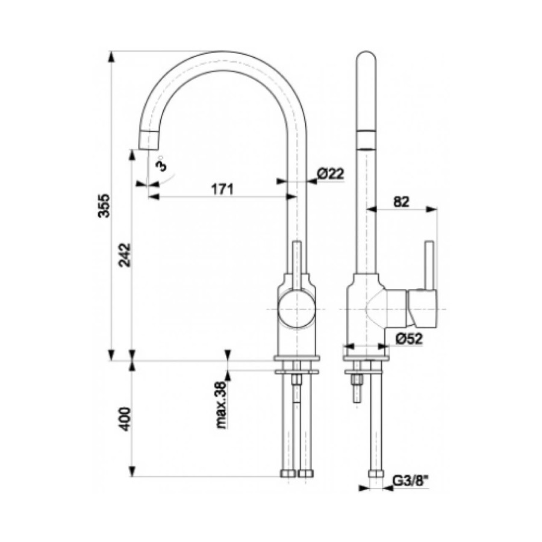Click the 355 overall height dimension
[104, 205]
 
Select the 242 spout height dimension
[125, 255]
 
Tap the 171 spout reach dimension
[222, 189]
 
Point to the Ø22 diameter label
[331, 173]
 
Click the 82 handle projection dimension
[401, 202]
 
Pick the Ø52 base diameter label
[409, 338]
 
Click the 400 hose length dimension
[125, 419]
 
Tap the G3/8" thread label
[411, 481]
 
